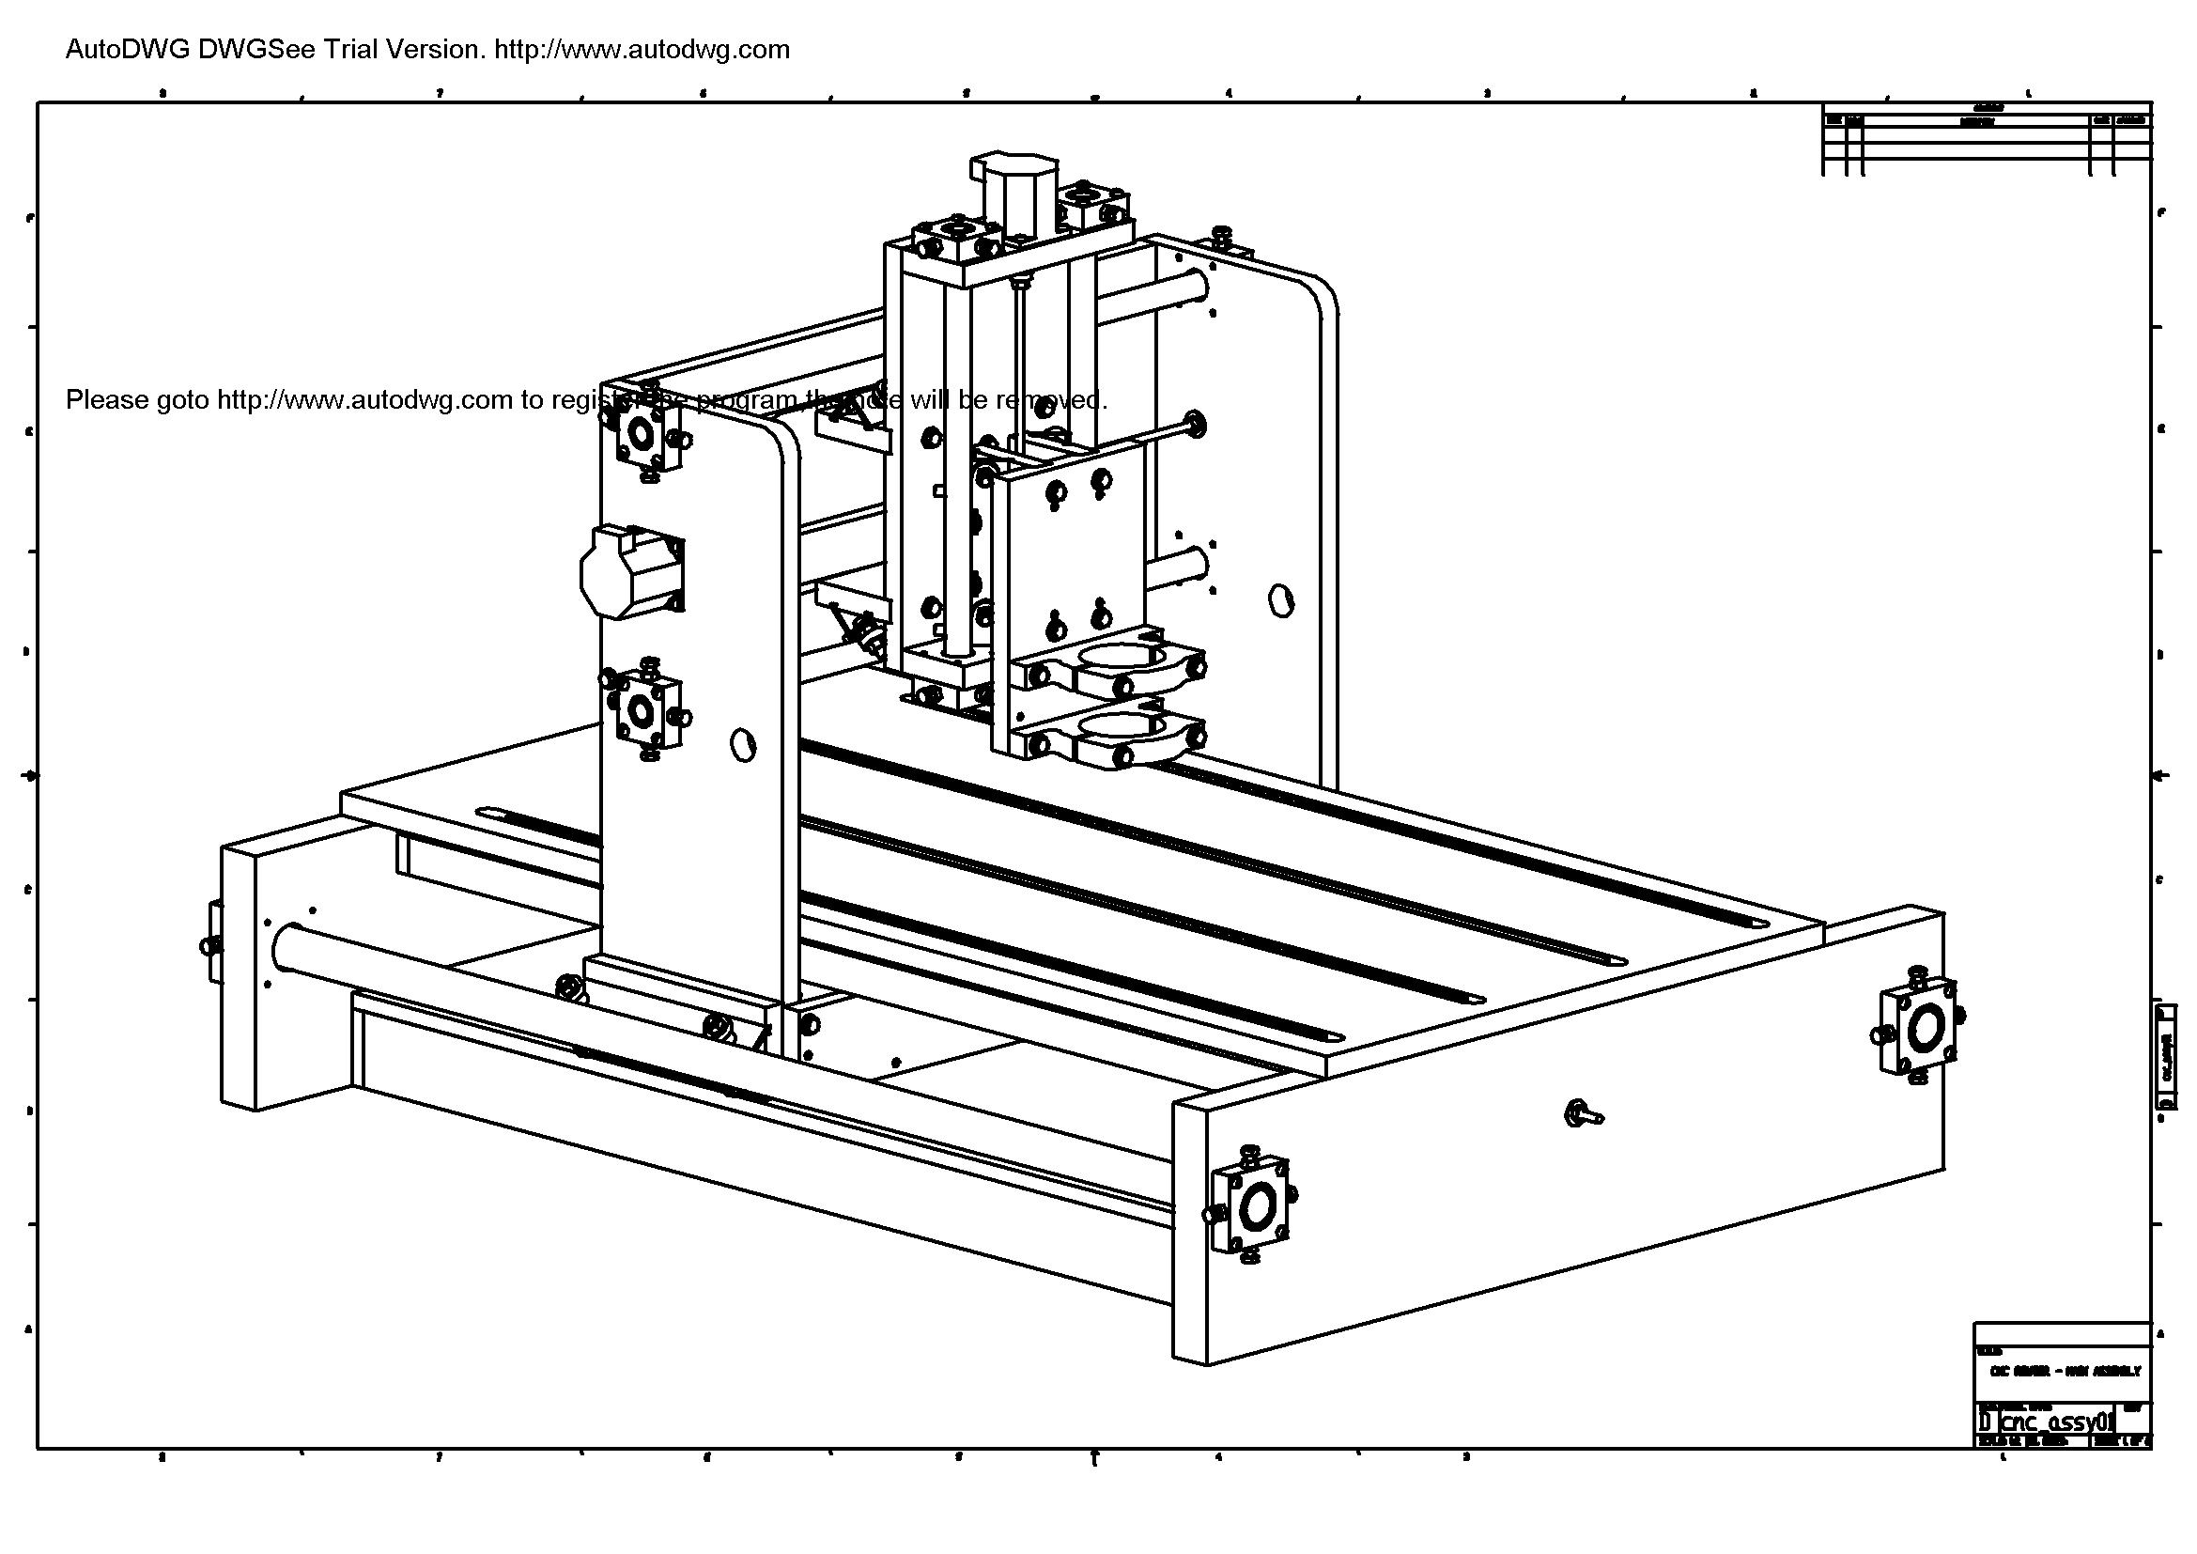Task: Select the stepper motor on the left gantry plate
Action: click(x=627, y=571)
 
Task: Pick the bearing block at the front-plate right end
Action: click(x=1920, y=1030)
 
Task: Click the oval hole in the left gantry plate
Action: click(x=743, y=744)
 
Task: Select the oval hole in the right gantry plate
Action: click(x=1279, y=600)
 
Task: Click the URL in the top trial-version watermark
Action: click(x=642, y=50)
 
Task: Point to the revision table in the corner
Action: click(x=1987, y=139)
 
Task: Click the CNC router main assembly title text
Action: click(x=2063, y=1370)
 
